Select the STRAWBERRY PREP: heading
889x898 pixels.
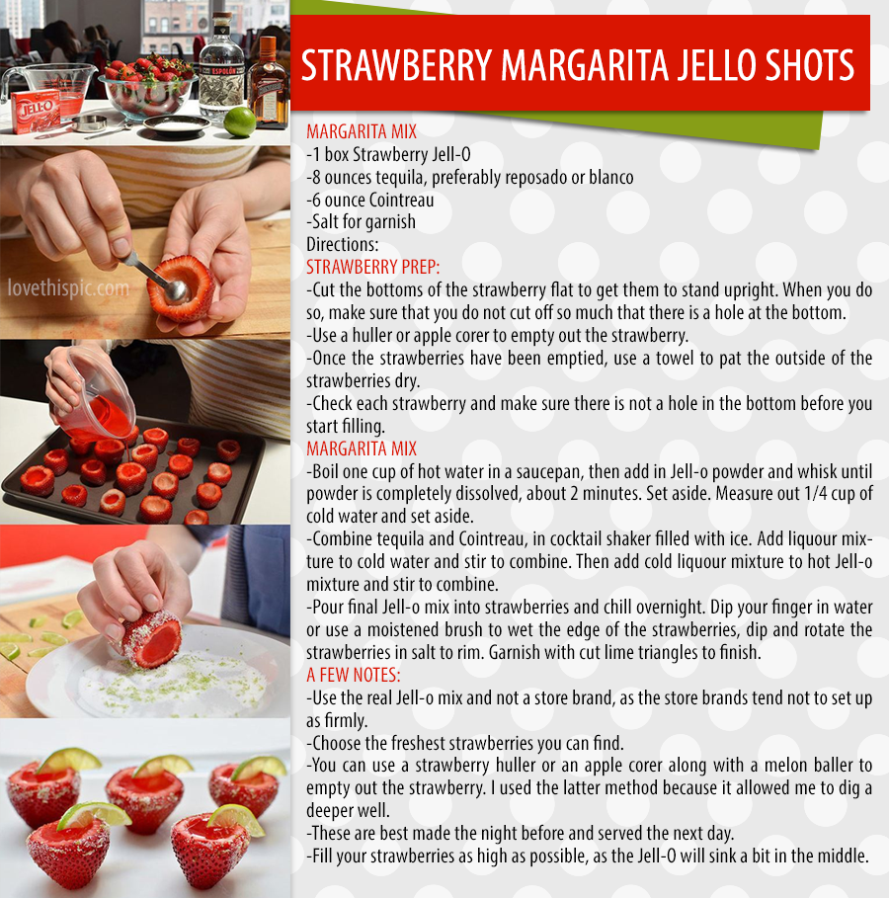(x=373, y=267)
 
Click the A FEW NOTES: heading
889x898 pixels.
(x=354, y=675)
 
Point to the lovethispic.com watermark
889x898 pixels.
(x=68, y=288)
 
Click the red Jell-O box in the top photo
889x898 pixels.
(x=37, y=111)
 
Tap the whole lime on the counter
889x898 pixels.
(x=239, y=122)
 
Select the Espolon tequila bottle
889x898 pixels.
(x=221, y=67)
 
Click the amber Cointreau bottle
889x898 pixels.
(x=268, y=83)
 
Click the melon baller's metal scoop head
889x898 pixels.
(x=177, y=289)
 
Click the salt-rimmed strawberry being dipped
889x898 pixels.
(x=152, y=638)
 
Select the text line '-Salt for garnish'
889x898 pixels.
(x=361, y=221)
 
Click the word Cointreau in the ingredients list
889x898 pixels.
(x=402, y=200)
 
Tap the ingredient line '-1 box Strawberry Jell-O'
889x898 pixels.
(x=388, y=154)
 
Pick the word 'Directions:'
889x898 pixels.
(x=343, y=245)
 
